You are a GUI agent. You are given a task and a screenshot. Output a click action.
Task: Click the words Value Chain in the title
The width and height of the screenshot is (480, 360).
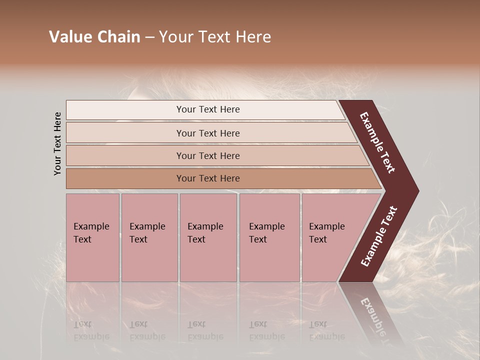pos(94,37)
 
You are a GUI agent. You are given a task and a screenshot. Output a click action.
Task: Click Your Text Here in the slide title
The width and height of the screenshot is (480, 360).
pos(215,37)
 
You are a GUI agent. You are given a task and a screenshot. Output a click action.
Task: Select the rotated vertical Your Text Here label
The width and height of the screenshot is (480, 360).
pos(57,143)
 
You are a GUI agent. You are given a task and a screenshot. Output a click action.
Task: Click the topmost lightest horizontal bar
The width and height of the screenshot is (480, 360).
pos(125,110)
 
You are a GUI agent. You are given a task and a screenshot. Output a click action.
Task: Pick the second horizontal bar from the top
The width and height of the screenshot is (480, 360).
pos(125,133)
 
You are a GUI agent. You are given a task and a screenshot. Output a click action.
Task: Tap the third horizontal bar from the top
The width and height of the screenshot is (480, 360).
pos(125,155)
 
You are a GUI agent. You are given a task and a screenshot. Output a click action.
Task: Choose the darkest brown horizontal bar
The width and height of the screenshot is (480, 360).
pos(125,178)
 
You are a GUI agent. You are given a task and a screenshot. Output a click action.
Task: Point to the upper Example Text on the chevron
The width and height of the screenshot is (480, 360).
pos(377,142)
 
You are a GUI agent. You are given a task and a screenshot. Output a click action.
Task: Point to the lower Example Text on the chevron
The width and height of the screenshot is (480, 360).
pos(379,236)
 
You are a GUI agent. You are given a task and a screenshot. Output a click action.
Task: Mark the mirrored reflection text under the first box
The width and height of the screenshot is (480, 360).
pos(91,330)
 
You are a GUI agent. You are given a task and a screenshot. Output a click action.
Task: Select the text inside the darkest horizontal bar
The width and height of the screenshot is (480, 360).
pos(208,178)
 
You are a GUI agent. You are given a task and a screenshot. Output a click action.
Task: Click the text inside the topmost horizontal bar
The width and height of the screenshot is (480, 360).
pos(208,109)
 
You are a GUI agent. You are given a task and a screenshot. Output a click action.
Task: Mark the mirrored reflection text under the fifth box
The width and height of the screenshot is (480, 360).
pos(326,330)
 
